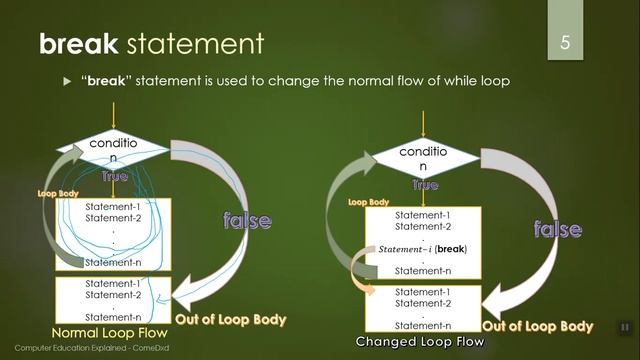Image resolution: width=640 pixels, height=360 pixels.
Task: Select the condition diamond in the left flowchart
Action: [113, 151]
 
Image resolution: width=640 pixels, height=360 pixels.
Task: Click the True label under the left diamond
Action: [115, 175]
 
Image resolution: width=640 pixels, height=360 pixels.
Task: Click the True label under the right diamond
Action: [425, 185]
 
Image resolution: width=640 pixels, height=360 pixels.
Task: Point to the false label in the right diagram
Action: [558, 229]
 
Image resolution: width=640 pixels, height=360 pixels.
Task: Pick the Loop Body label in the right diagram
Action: [368, 201]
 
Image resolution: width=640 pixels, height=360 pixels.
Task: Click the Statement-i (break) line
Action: [423, 248]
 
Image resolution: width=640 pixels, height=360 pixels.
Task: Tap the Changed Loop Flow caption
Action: [420, 342]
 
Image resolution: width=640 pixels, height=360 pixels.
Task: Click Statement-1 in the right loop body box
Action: [423, 215]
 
